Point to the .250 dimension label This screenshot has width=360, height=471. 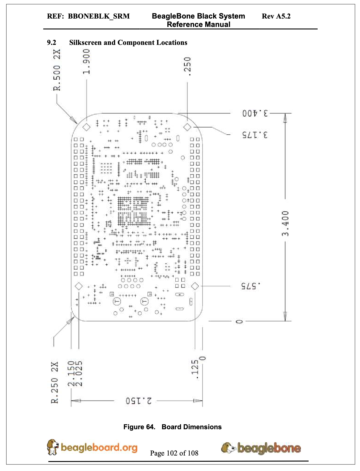tap(187, 66)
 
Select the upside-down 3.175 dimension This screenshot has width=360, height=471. tap(255, 135)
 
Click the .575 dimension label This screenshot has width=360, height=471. tap(251, 286)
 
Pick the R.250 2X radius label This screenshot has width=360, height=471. tap(54, 382)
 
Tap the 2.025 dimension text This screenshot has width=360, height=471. tap(79, 374)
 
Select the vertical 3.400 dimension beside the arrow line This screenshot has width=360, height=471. tap(285, 223)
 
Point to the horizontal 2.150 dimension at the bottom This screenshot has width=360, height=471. tap(139, 401)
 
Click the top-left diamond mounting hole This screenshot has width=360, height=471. tap(86, 127)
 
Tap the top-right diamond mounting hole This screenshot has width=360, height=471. tap(187, 127)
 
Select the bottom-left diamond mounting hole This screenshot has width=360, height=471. tap(79, 286)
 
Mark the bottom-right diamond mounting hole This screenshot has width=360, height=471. tap(195, 286)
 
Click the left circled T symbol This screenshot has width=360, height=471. tap(117, 301)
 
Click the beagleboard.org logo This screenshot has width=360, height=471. tap(92, 447)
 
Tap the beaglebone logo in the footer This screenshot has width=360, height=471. tap(261, 448)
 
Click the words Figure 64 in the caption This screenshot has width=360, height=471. tap(139, 427)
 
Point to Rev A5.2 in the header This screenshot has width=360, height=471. tap(276, 16)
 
